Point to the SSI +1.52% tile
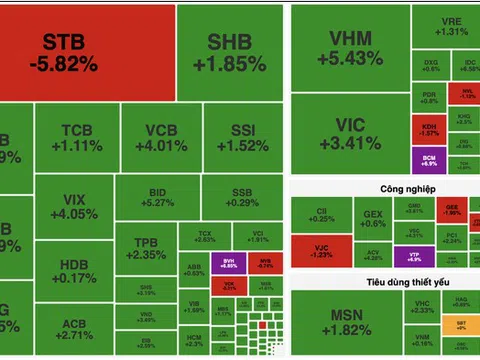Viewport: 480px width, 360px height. click(242, 138)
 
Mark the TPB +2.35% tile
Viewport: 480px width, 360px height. click(145, 248)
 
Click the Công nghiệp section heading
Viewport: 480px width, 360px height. click(382, 189)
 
